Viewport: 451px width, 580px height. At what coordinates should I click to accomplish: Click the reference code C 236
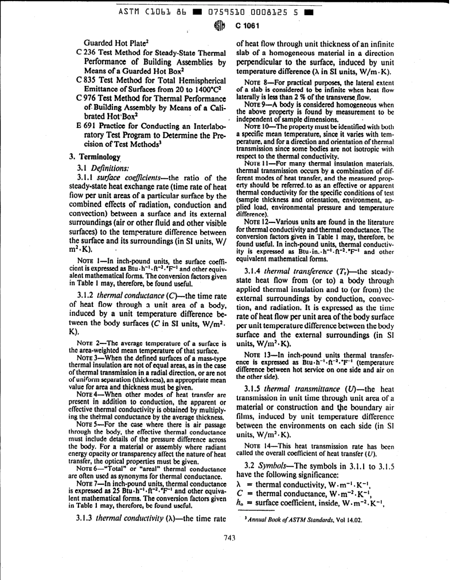(78, 52)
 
